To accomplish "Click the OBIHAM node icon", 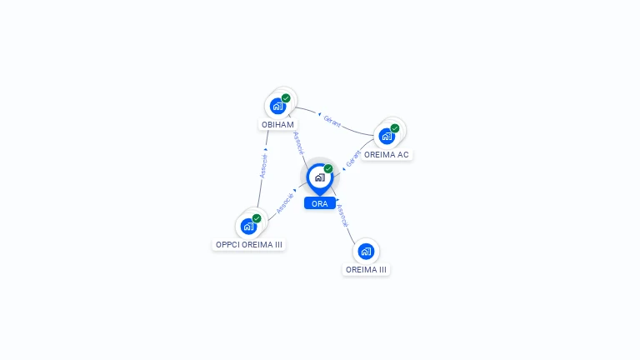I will [x=278, y=107].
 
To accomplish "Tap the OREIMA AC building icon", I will [x=387, y=136].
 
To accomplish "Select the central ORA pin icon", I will [x=319, y=177].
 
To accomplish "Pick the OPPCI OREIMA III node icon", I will [x=248, y=226].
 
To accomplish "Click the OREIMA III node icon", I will [x=366, y=251].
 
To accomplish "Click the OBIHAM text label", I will [x=278, y=125].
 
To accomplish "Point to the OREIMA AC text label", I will [x=387, y=155].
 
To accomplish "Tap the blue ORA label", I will [x=320, y=203].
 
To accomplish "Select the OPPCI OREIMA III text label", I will [x=249, y=245].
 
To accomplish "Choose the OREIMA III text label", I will [x=367, y=270].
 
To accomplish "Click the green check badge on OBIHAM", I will [x=286, y=98].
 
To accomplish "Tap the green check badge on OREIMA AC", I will [x=395, y=128].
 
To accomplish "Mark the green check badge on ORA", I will [x=328, y=169].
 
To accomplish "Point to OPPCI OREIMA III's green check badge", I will [x=257, y=218].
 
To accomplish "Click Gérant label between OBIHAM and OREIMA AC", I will [x=332, y=122].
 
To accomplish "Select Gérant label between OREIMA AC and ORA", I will [x=352, y=159].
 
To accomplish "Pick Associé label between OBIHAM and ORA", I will [x=299, y=143].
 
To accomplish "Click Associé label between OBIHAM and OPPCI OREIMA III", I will [x=263, y=166].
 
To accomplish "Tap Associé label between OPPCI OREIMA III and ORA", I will [x=284, y=205].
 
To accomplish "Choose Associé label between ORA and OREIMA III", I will [x=342, y=216].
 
